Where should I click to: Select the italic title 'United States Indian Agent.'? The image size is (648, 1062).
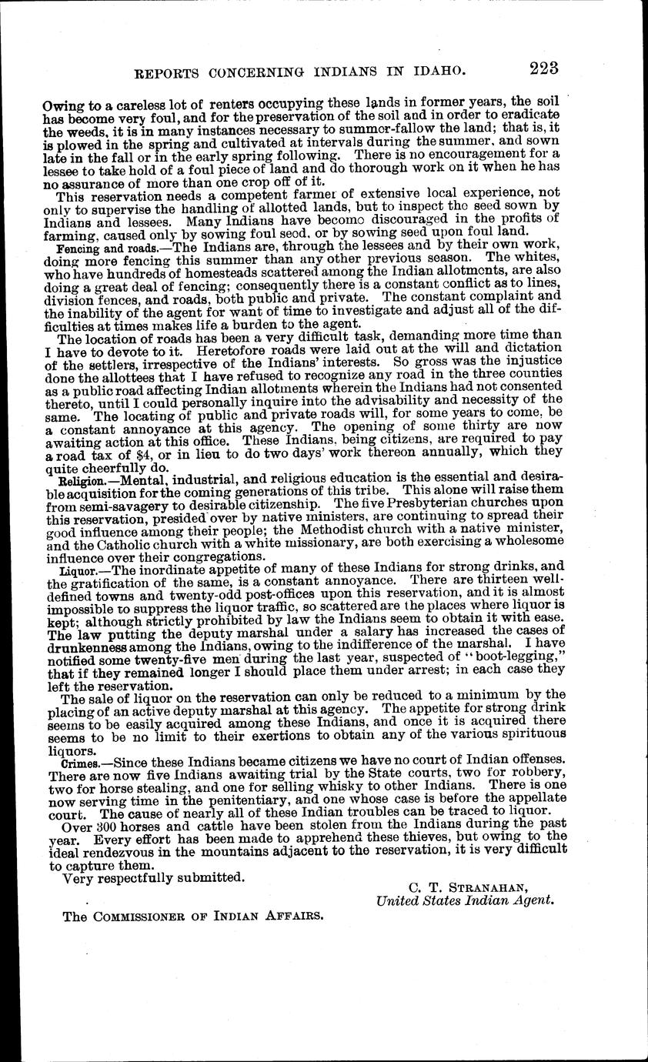465,900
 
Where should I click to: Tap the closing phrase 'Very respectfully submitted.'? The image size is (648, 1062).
154,877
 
